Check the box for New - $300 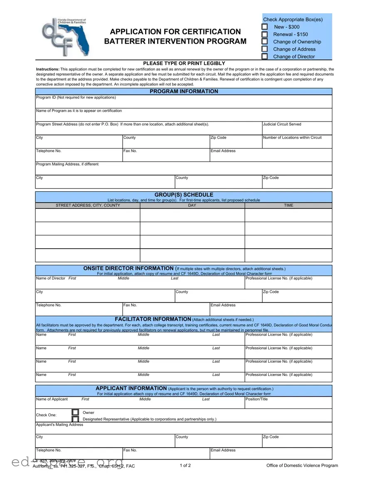tap(265, 27)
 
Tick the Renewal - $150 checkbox tap(265, 35)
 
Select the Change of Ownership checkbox tap(265, 42)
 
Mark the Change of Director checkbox tap(265, 57)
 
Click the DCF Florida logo tap(65, 37)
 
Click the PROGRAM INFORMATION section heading tap(183, 92)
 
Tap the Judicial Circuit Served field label tap(282, 124)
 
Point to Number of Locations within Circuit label tap(292, 138)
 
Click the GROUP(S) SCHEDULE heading tap(183, 195)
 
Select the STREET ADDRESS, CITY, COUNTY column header tap(88, 205)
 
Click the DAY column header tap(192, 205)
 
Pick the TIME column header tap(288, 205)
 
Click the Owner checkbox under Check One tap(75, 412)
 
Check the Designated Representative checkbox tap(75, 419)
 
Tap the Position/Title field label tap(257, 399)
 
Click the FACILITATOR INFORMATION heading tap(153, 319)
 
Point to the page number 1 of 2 tap(185, 465)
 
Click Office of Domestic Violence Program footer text tap(302, 466)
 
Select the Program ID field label tap(76, 98)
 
